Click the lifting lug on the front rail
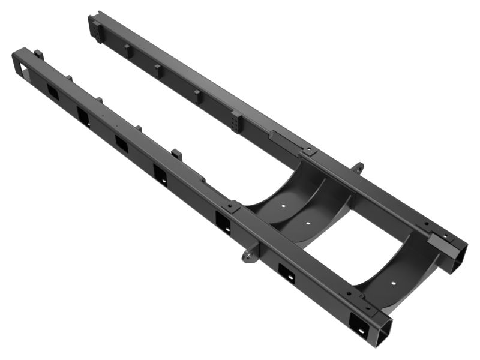(x=248, y=254)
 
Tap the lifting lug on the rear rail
(x=358, y=167)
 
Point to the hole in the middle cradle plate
(x=308, y=222)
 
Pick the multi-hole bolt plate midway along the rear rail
(x=238, y=122)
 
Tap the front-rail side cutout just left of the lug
(x=223, y=221)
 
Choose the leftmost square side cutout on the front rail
(x=52, y=90)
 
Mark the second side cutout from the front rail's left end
(x=83, y=114)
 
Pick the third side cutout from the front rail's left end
(x=121, y=143)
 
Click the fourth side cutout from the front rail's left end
(x=160, y=174)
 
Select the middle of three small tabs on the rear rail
(x=159, y=71)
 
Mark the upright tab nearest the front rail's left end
(x=38, y=55)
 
